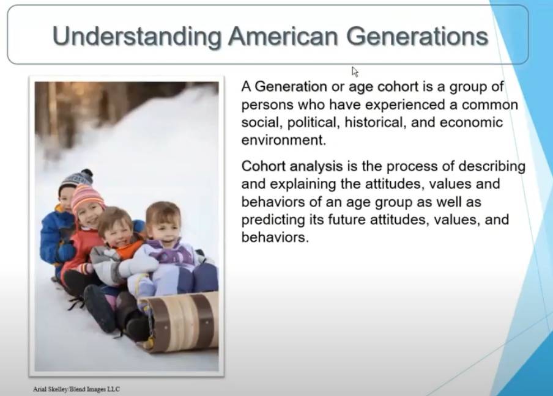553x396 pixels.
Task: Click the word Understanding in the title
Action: pos(137,37)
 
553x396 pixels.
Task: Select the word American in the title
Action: pos(283,36)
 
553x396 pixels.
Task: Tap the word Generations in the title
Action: pos(418,36)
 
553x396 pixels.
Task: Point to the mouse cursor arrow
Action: pos(355,72)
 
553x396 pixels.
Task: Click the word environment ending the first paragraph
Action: pos(284,140)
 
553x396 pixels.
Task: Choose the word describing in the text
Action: pos(492,166)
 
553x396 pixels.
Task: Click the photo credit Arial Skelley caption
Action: pos(76,389)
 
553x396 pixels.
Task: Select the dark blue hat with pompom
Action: pos(76,179)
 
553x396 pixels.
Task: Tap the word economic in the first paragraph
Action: pos(471,122)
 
